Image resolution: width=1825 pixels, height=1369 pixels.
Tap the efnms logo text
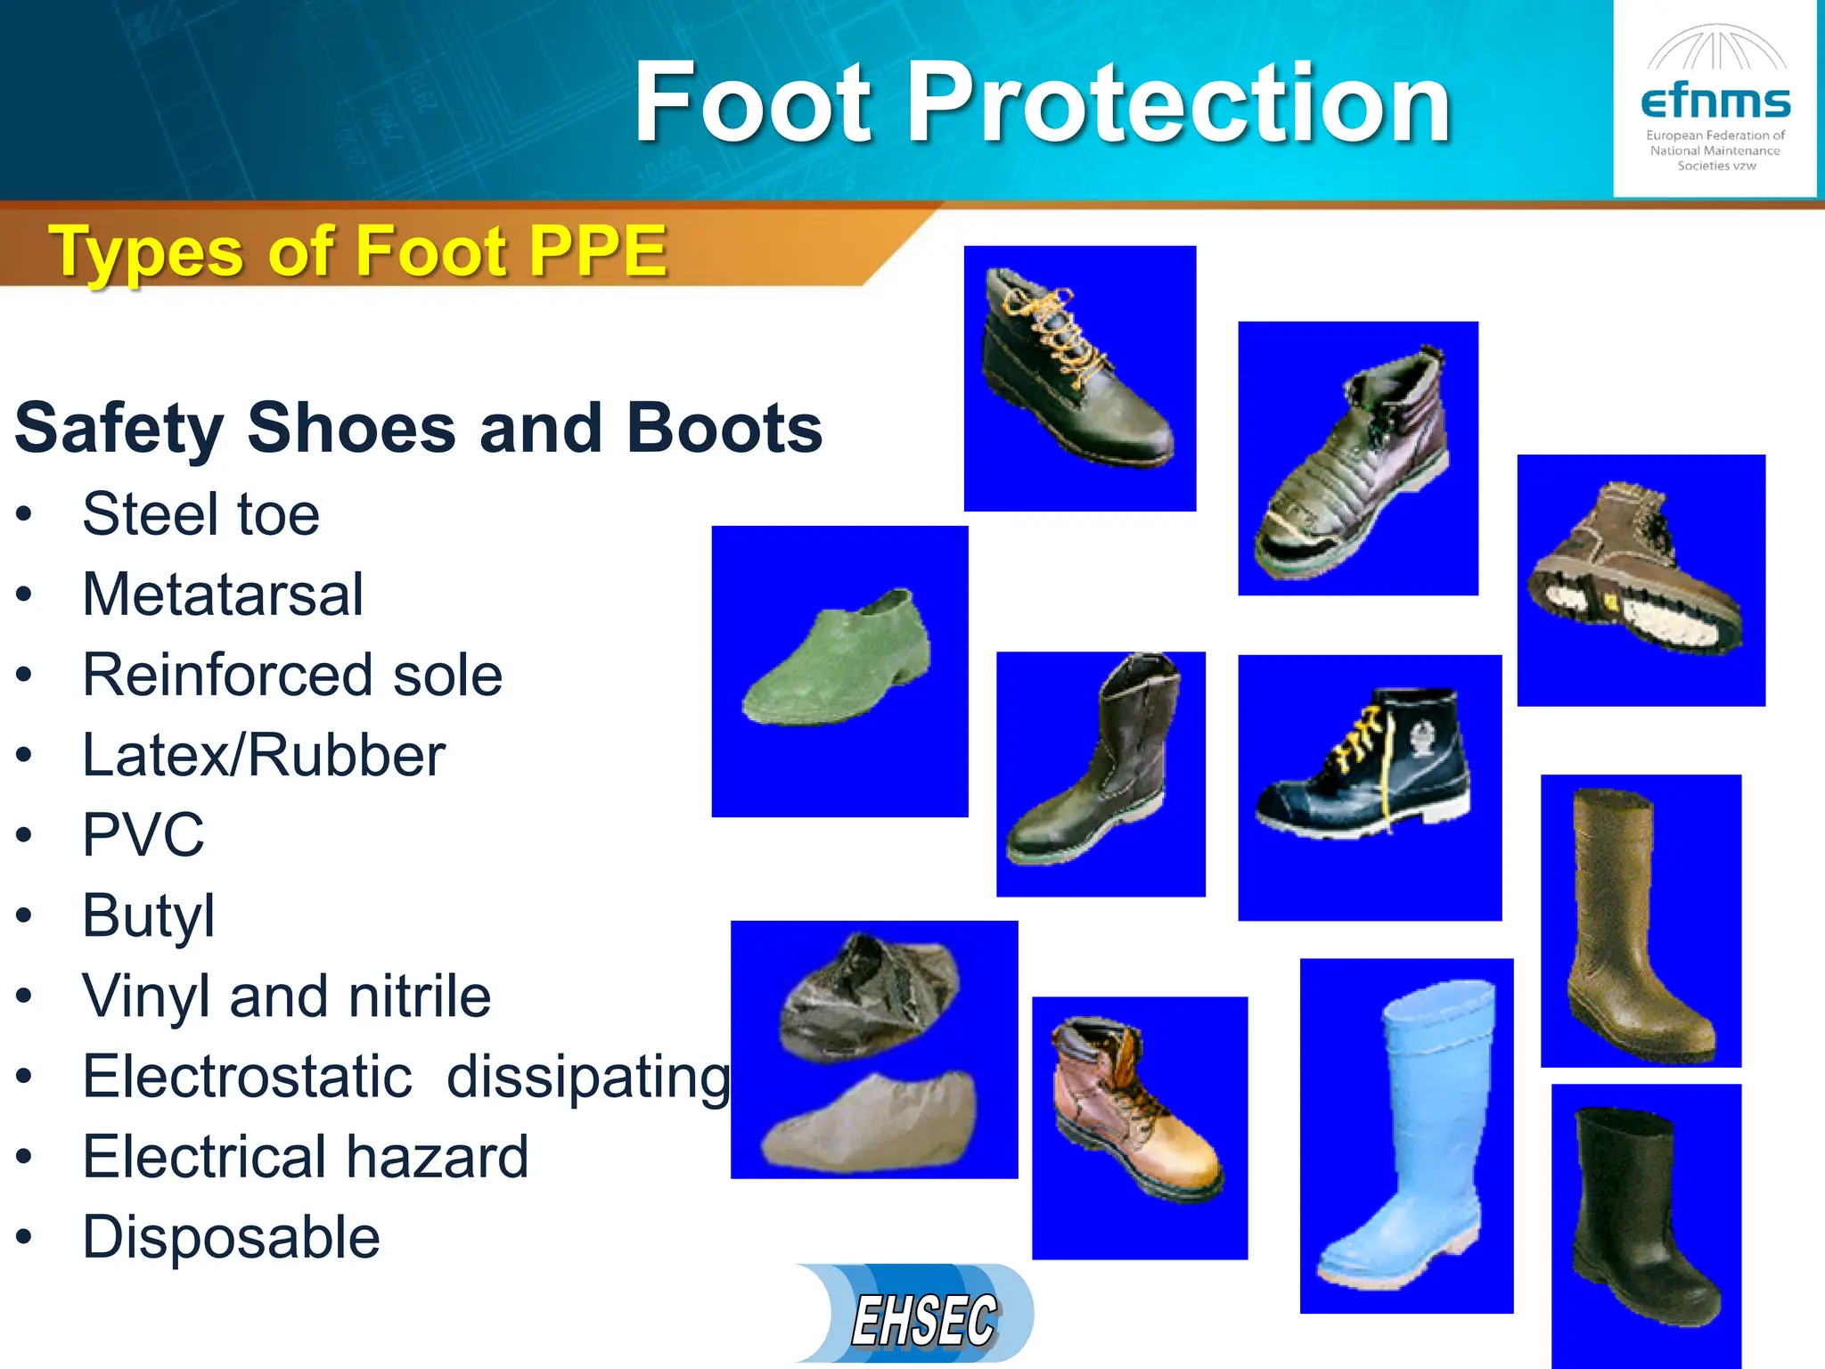[1715, 102]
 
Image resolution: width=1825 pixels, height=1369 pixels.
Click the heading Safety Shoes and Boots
[418, 429]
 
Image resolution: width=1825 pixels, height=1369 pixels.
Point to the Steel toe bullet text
[201, 514]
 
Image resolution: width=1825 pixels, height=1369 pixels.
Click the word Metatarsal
[223, 594]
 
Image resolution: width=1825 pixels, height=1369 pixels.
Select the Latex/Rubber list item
[263, 756]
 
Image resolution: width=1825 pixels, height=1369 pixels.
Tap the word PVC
[143, 836]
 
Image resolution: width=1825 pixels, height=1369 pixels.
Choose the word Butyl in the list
[148, 916]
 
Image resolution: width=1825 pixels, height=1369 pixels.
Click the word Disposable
[231, 1237]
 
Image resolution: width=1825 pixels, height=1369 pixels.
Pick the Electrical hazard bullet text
[305, 1157]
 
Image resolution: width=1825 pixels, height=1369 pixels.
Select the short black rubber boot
[1635, 1221]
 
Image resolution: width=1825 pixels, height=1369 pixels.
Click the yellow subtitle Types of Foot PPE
[357, 251]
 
